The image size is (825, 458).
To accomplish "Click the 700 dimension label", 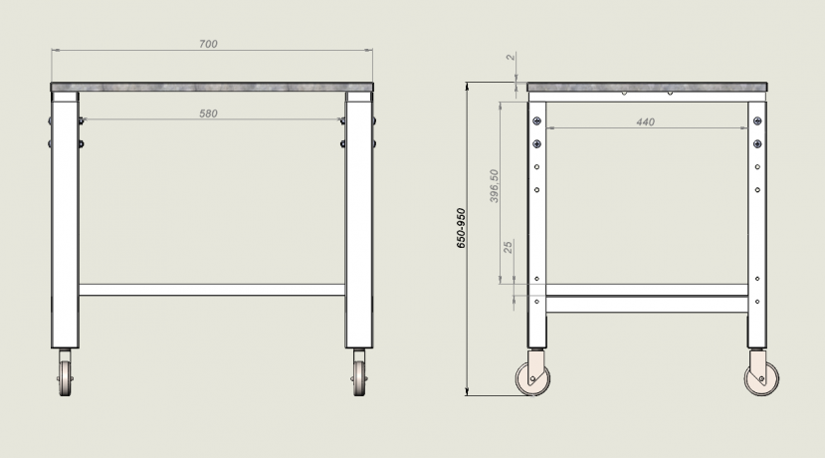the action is click(208, 44).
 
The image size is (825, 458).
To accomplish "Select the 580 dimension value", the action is click(208, 114).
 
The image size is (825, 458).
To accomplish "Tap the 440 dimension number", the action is click(645, 122).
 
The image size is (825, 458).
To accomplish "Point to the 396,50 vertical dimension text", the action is click(494, 186).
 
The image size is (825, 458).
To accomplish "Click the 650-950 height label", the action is click(461, 228).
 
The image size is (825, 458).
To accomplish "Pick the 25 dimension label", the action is click(508, 247).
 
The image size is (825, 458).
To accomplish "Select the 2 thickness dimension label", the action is click(511, 57).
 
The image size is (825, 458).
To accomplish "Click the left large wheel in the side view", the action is click(532, 378).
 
